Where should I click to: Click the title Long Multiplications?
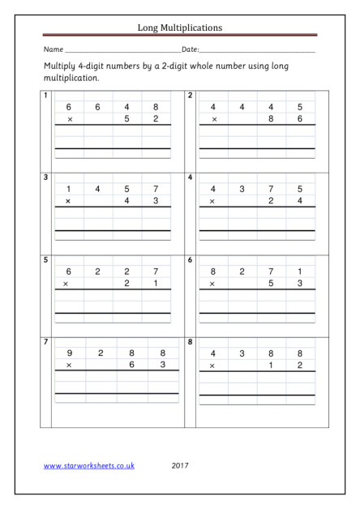point(180,27)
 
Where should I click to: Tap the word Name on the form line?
point(53,50)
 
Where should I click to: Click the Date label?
point(191,50)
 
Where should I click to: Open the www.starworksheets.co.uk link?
point(88,466)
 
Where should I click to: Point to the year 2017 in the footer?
point(181,466)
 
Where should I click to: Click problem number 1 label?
point(46,96)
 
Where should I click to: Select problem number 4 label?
point(191,177)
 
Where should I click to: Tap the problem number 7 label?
point(46,342)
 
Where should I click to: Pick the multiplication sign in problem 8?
point(213,366)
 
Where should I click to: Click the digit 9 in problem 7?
point(69,353)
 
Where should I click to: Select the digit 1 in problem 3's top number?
point(69,189)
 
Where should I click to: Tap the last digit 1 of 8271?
point(300,272)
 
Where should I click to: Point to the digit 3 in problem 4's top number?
point(242,189)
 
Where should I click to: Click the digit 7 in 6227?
point(155,272)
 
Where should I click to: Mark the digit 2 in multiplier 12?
point(300,366)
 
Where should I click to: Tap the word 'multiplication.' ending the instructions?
point(71,79)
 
